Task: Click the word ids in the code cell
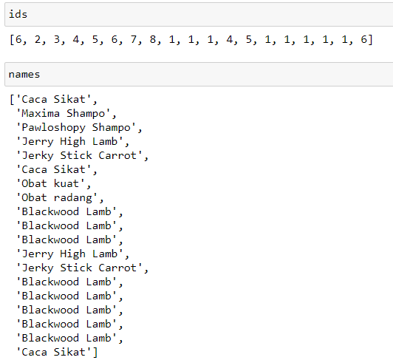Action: (18, 14)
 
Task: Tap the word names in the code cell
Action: (24, 75)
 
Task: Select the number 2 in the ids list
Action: (38, 39)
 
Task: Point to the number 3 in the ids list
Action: (57, 39)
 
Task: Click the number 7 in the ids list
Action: (134, 39)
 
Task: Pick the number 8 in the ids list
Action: (153, 39)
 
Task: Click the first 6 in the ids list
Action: (18, 39)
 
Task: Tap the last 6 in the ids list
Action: (364, 39)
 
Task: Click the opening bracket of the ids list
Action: (12, 40)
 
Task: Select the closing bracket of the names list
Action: (95, 352)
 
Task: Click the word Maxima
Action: (41, 113)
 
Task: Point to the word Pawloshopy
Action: (54, 128)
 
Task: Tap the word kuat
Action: (66, 183)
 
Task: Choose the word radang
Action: (72, 198)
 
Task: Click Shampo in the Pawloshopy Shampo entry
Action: (112, 128)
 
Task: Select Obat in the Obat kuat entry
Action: (34, 183)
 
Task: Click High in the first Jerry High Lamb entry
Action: (72, 142)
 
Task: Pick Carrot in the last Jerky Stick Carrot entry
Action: (117, 268)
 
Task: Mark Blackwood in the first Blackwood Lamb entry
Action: (50, 211)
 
